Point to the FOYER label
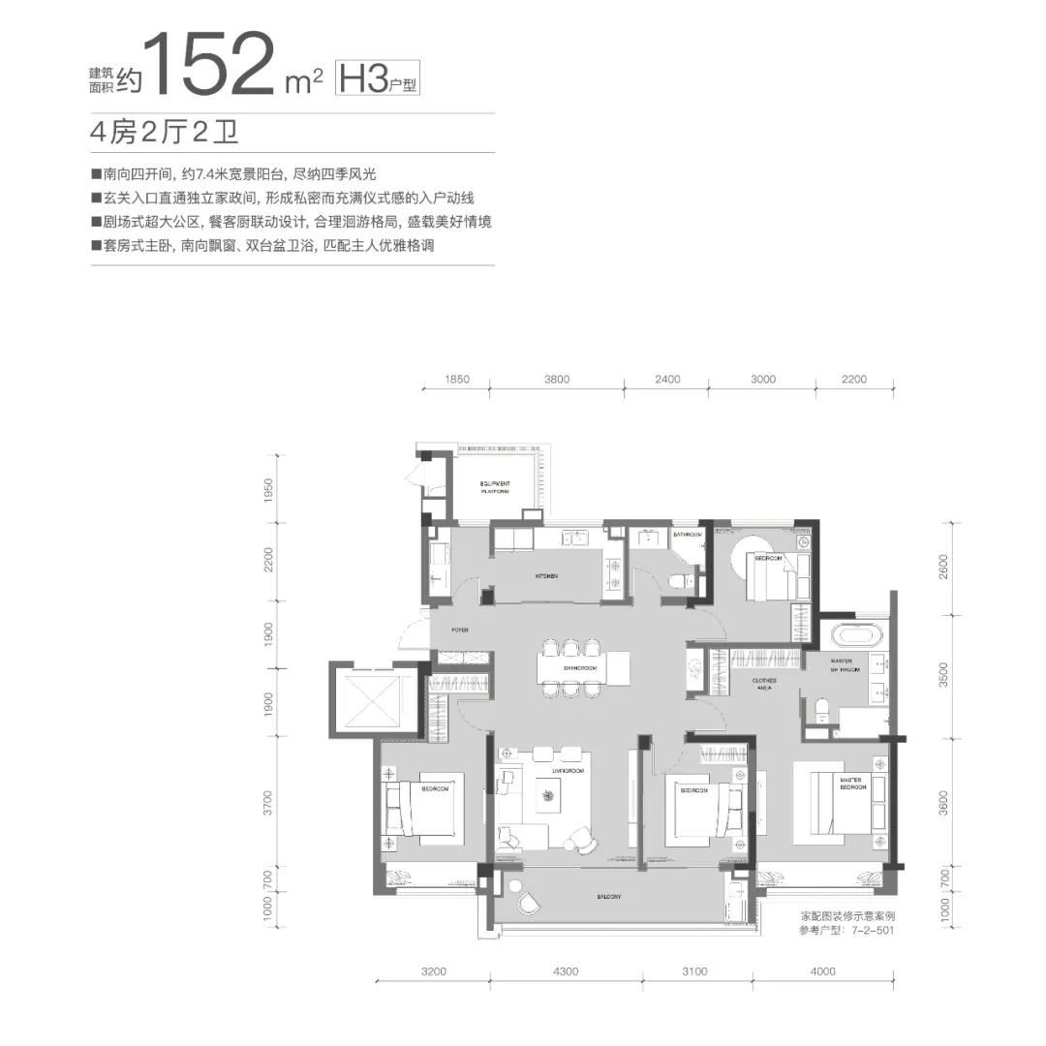460,630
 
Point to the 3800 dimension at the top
557,380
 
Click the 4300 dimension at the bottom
566,971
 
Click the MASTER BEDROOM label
851,784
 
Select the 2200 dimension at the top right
853,380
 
